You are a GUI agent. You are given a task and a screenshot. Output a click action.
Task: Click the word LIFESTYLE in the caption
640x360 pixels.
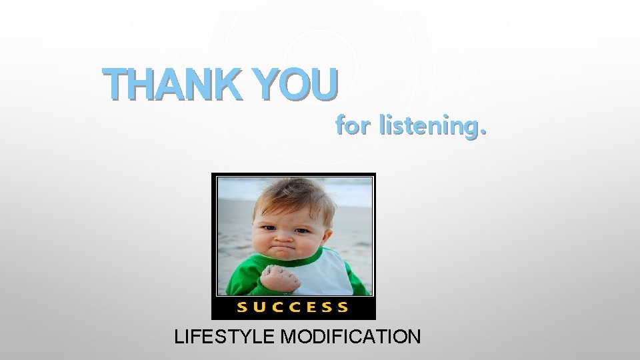click(x=225, y=335)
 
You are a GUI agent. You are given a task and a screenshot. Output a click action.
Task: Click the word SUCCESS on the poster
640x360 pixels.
click(x=293, y=307)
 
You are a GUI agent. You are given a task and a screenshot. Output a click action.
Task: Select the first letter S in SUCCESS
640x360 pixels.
click(x=243, y=307)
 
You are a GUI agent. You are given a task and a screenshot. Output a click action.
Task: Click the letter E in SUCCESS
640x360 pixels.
click(x=311, y=307)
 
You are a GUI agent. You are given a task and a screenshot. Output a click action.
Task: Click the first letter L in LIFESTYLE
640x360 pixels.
click(x=179, y=335)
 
